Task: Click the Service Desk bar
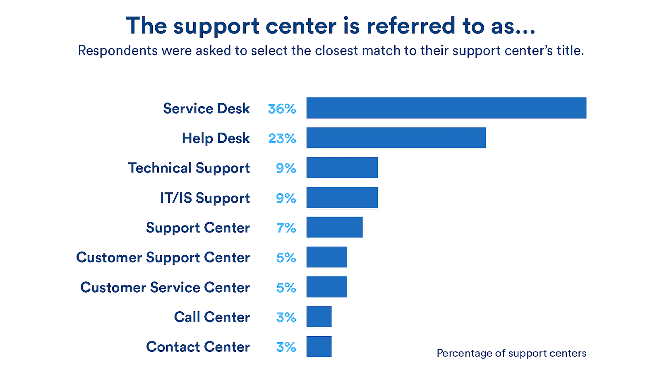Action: click(446, 108)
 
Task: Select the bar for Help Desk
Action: click(396, 138)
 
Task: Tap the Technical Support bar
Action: click(342, 168)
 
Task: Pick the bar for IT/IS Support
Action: click(342, 198)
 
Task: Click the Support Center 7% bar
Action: click(334, 228)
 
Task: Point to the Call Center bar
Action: click(319, 317)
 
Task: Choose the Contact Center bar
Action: click(319, 347)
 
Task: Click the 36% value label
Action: click(282, 109)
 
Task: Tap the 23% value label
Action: click(282, 138)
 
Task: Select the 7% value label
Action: click(286, 228)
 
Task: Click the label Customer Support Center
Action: click(163, 258)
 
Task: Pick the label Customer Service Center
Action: click(165, 288)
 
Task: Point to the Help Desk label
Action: click(216, 138)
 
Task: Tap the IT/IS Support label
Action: click(205, 198)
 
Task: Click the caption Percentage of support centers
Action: click(511, 353)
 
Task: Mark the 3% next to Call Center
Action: click(286, 317)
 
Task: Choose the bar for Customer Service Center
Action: click(326, 287)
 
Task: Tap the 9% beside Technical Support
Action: click(286, 168)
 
